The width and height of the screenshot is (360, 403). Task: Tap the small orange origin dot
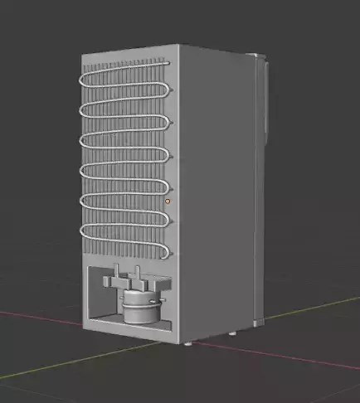pyautogui.click(x=168, y=201)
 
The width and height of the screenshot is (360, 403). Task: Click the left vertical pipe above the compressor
pyautogui.click(x=117, y=274)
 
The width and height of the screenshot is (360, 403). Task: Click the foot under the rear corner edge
pyautogui.click(x=190, y=342)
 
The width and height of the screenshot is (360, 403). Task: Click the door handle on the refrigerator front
pyautogui.click(x=266, y=100)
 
